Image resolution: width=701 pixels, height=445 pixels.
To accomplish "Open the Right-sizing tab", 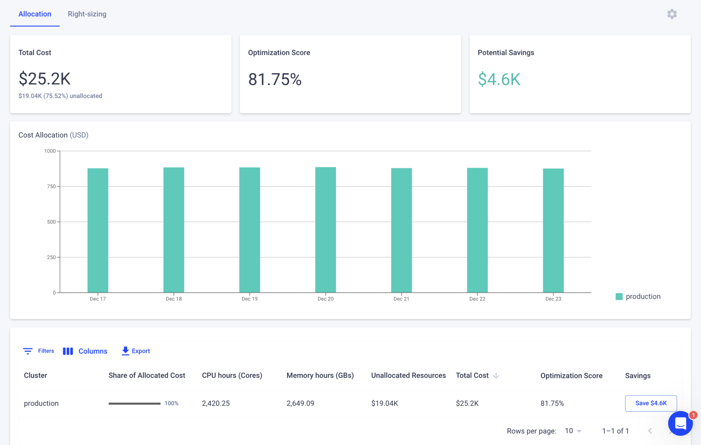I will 87,14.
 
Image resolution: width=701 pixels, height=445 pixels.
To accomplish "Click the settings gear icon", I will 672,14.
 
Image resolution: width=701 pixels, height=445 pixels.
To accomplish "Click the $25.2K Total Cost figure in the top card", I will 44,79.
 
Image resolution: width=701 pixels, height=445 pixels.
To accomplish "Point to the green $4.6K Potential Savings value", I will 499,79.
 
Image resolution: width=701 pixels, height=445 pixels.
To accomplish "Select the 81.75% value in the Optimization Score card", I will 275,79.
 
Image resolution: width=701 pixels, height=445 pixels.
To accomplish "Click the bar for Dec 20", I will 326,229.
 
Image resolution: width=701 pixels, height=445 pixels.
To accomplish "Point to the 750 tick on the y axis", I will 51,187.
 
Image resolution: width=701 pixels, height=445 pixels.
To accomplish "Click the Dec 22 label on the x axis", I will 477,299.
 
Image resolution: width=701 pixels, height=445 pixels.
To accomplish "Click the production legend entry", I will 638,296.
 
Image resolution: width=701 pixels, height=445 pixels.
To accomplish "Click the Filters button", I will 39,351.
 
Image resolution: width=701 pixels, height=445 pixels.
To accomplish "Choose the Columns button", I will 85,351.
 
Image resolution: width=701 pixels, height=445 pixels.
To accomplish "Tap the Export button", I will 136,351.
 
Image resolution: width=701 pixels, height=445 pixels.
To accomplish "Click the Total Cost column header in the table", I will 472,376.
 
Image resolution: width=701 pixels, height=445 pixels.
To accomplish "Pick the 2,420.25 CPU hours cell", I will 216,403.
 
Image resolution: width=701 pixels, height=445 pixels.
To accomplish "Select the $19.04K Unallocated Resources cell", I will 384,403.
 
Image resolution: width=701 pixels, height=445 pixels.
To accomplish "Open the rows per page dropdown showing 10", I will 573,431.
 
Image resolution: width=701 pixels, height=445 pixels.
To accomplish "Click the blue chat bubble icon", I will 680,423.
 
